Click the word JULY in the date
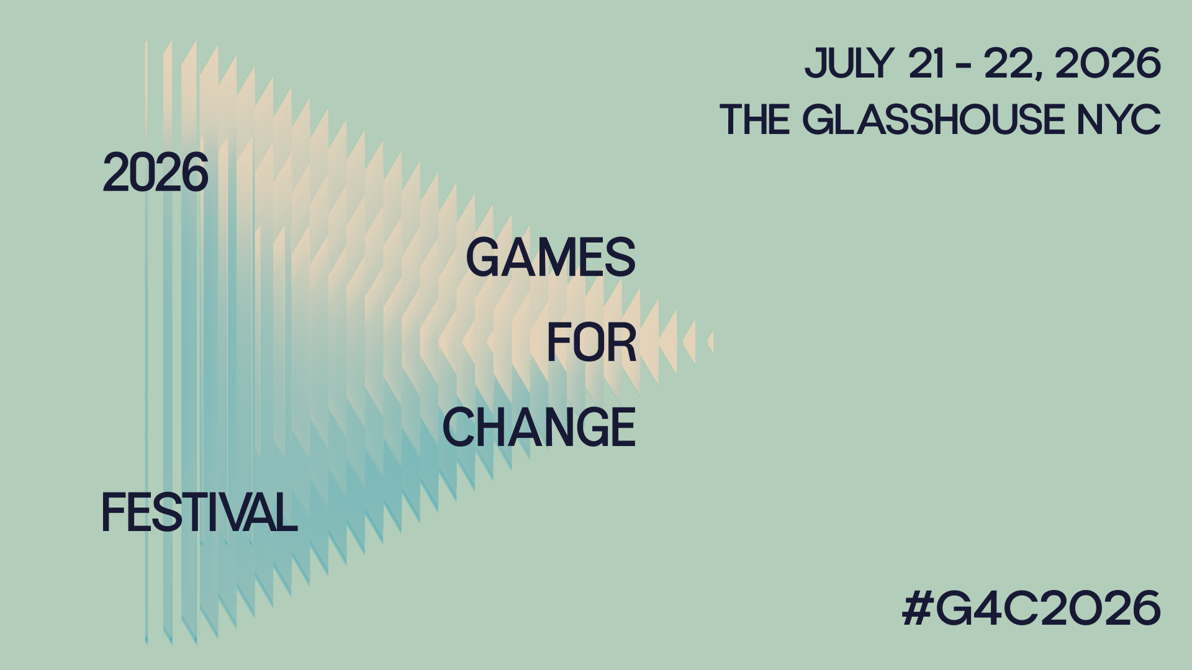click(849, 63)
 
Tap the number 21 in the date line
click(927, 63)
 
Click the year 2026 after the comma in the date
click(1108, 63)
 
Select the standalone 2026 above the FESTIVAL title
click(155, 172)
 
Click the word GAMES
click(551, 257)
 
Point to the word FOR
click(592, 342)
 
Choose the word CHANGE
click(539, 427)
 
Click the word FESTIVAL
click(199, 512)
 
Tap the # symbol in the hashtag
click(916, 608)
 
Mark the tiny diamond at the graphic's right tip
click(711, 342)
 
